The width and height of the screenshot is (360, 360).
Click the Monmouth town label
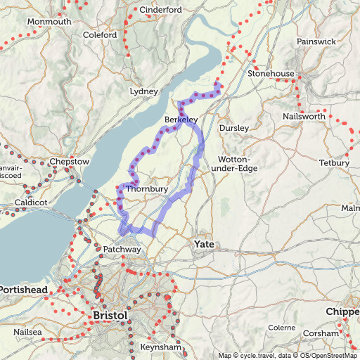pos(49,22)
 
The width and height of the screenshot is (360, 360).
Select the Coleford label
pos(100,34)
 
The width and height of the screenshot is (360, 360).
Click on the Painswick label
pos(316,41)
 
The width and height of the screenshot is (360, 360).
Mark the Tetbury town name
pos(333,163)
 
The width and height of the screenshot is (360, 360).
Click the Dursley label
pos(234,128)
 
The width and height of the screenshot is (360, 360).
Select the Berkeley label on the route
pos(181,121)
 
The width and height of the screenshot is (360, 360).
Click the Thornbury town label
pos(147,189)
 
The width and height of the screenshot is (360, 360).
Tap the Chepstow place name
pos(70,162)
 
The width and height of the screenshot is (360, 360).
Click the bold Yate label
pos(204,244)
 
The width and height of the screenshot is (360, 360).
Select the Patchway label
pos(122,250)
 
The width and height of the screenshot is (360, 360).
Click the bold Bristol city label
pos(110,316)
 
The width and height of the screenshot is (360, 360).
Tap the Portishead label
pos(24,290)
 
